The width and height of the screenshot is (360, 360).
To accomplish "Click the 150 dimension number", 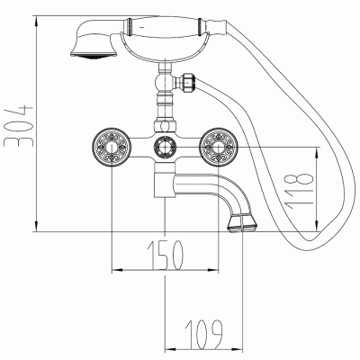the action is (x=165, y=255).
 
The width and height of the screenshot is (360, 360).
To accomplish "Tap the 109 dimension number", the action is (x=204, y=334).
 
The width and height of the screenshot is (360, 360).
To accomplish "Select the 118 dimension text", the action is (x=300, y=192).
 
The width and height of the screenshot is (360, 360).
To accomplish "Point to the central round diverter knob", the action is (x=165, y=148).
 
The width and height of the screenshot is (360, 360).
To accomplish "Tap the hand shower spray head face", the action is (x=94, y=55).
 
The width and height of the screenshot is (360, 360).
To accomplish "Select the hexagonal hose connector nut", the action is (x=189, y=81).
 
